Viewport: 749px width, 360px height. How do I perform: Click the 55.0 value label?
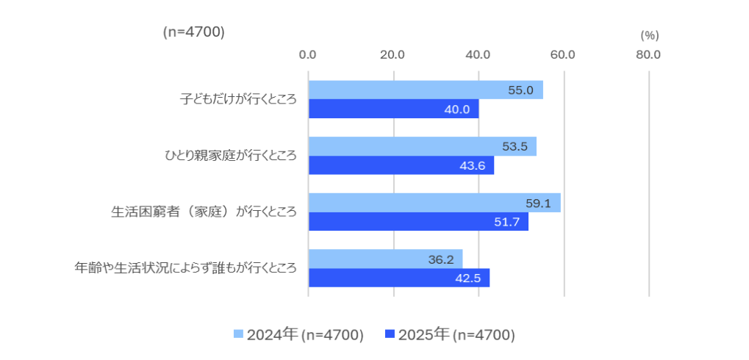[520, 90]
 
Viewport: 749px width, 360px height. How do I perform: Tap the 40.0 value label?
[456, 109]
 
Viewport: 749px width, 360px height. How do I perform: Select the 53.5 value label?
[515, 146]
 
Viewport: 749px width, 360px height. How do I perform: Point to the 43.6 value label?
[472, 166]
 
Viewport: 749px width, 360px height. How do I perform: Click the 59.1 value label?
[539, 204]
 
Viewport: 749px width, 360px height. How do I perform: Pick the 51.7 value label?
[506, 223]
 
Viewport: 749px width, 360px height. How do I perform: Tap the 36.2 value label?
[441, 259]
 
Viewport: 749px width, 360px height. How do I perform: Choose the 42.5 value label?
[467, 278]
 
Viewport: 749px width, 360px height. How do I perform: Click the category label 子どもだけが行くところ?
[238, 98]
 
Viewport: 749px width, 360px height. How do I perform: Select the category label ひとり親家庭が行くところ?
[230, 155]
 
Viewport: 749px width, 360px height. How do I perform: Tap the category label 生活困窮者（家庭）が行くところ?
[204, 212]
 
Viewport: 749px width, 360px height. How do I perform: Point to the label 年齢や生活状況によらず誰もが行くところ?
[186, 268]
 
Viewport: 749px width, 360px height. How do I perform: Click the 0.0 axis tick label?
[308, 54]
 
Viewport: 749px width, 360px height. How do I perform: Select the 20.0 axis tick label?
[393, 54]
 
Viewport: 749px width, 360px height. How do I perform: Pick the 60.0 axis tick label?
[563, 54]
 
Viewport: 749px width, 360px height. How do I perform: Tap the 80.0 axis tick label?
[648, 54]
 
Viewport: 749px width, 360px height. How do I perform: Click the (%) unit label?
[650, 35]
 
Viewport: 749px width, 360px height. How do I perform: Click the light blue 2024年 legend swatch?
[238, 334]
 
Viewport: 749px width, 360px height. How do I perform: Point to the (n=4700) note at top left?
[193, 32]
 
